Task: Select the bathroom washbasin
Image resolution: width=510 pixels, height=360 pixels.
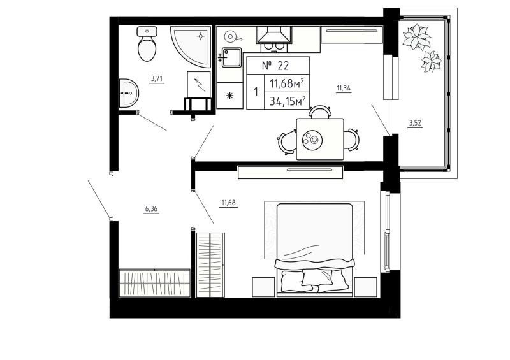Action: (x=129, y=94)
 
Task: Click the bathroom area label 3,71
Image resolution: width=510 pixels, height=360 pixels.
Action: (x=156, y=79)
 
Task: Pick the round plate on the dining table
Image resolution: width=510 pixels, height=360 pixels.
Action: (x=312, y=138)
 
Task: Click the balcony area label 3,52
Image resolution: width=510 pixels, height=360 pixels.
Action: (x=416, y=123)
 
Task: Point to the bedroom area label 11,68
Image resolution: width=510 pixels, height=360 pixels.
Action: (x=228, y=203)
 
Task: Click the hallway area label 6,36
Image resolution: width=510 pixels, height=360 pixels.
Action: (x=152, y=208)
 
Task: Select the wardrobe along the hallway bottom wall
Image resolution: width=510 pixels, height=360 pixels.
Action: (x=155, y=282)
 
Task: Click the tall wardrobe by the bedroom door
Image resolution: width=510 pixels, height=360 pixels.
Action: (x=211, y=264)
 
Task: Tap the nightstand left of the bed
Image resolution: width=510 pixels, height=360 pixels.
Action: (x=263, y=286)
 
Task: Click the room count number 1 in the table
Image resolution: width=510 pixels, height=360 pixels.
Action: (x=256, y=91)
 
